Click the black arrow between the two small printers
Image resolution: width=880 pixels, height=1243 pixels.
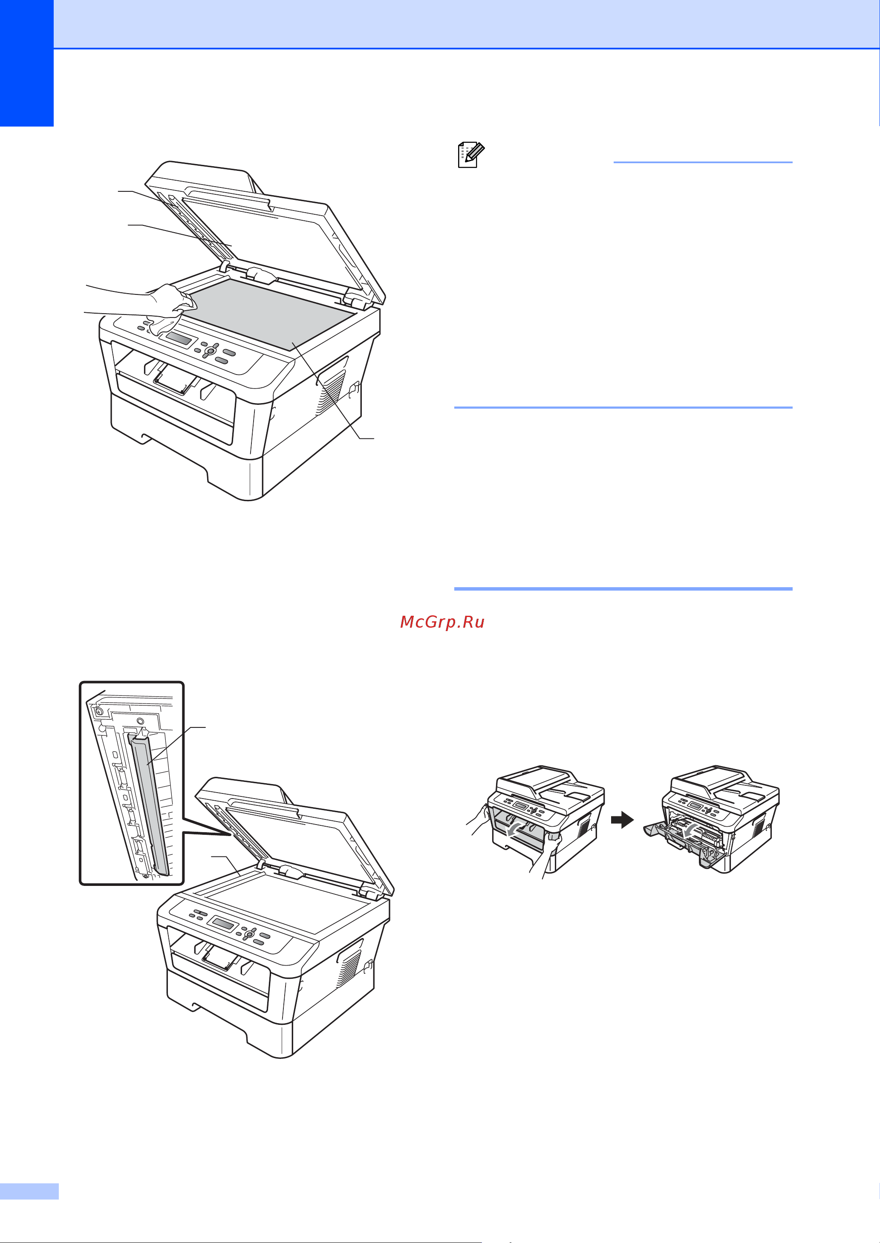tap(622, 820)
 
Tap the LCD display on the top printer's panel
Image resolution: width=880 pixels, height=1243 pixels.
tap(179, 339)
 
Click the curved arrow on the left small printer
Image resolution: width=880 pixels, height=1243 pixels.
tap(515, 829)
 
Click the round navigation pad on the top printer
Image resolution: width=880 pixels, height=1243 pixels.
tap(210, 351)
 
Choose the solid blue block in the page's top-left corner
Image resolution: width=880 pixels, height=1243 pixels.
tap(26, 63)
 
